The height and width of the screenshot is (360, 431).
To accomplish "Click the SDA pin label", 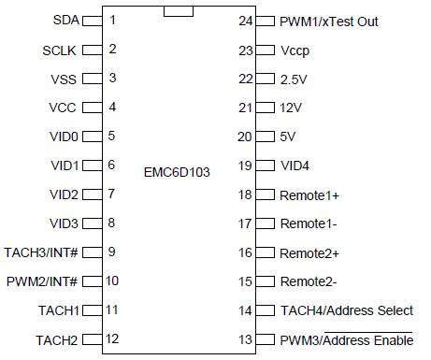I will (66, 20).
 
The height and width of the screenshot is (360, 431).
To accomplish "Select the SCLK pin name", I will (62, 50).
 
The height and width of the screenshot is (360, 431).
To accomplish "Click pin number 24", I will (246, 20).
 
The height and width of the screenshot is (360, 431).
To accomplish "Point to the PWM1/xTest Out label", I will (329, 21).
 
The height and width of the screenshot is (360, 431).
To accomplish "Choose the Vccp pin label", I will (295, 50).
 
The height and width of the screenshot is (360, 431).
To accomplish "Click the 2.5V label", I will (293, 79).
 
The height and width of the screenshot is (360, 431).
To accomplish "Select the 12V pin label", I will (290, 108).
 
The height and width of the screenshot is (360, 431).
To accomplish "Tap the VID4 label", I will (295, 166).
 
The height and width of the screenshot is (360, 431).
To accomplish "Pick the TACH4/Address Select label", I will (346, 310).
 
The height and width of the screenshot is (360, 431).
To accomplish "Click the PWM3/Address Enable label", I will (346, 339).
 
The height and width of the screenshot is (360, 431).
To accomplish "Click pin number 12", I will (112, 338).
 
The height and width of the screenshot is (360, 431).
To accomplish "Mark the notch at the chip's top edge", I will (179, 11).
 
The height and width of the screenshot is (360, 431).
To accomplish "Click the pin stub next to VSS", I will (92, 79).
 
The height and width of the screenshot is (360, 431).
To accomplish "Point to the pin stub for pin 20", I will (265, 137).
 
